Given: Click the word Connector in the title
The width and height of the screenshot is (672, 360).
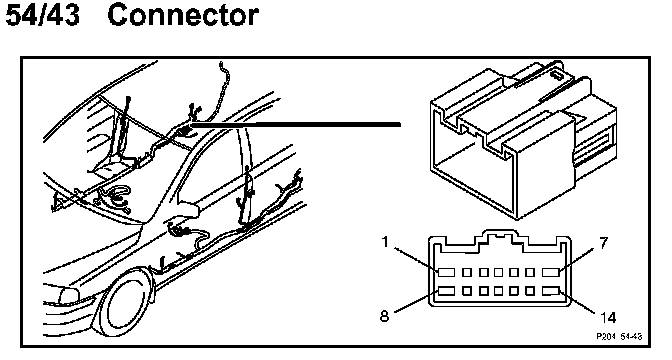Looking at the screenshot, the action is click(x=183, y=15).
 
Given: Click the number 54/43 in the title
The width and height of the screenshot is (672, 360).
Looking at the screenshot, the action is click(x=42, y=15).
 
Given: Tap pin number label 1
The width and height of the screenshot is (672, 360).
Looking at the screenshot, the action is click(x=385, y=242).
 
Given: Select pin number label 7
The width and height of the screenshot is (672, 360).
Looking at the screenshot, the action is click(x=603, y=243).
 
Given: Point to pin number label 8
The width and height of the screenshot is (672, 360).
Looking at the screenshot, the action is click(x=384, y=316).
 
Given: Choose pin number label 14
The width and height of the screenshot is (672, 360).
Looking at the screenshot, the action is click(x=608, y=318).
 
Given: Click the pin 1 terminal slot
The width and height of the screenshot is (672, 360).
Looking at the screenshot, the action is click(x=446, y=272).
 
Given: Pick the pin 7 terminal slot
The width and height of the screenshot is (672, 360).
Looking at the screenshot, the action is click(x=551, y=272).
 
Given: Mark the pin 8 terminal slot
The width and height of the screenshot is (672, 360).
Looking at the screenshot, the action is click(x=446, y=291).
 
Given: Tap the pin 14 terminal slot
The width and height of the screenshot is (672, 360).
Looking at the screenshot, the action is click(x=551, y=291).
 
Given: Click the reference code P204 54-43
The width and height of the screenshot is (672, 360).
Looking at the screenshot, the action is click(x=619, y=337).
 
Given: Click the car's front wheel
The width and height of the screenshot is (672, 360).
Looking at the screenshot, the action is click(x=124, y=303).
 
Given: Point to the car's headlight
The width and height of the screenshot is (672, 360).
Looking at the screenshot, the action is click(x=69, y=295).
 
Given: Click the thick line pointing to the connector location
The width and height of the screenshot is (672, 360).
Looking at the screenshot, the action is click(x=296, y=125).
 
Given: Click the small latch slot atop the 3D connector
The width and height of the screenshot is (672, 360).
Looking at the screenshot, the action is click(x=557, y=76).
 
